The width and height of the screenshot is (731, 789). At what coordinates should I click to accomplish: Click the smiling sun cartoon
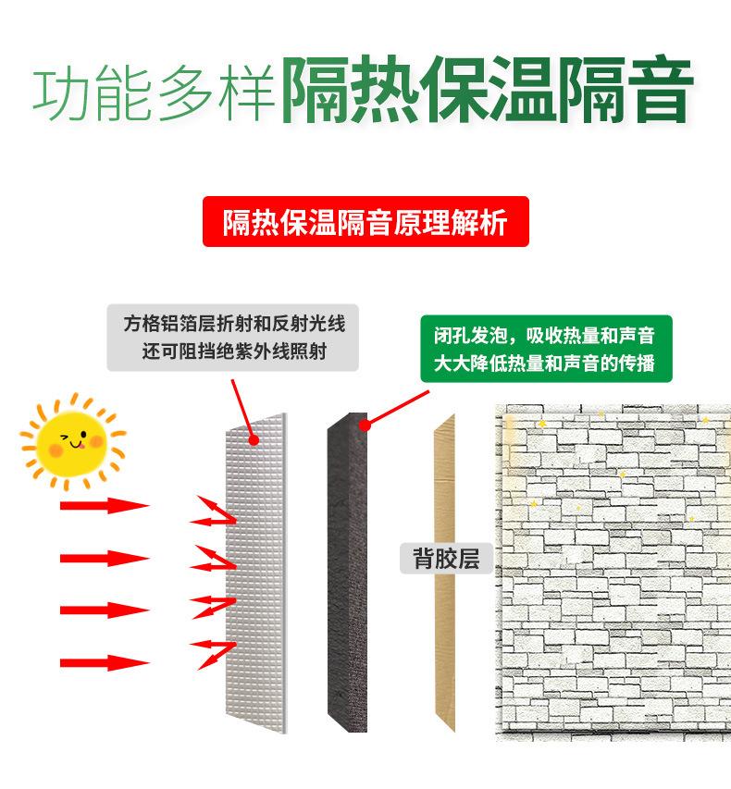pos(73,441)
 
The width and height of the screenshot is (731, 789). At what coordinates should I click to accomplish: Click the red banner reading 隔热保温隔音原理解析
pos(365,222)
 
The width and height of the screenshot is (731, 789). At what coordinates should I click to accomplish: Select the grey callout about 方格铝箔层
pos(232,338)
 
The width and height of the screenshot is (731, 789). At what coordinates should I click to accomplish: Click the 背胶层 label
pos(446,559)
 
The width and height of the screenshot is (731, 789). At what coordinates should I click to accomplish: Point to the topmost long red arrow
pos(104,505)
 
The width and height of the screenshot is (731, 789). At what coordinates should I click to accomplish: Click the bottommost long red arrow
pos(104,662)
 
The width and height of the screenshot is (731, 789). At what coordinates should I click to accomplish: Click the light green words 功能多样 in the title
pos(153,92)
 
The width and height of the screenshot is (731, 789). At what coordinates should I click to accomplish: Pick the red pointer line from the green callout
pos(398,407)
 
